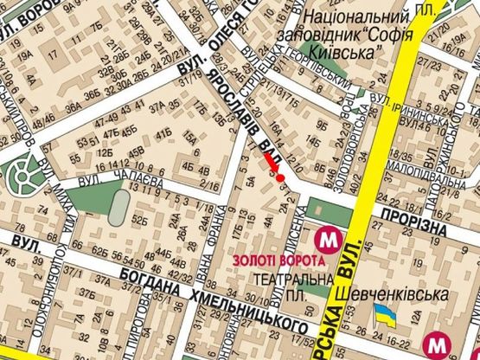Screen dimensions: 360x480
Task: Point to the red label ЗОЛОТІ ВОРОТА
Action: tap(278, 260)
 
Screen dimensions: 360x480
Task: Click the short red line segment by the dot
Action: tap(270, 161)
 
